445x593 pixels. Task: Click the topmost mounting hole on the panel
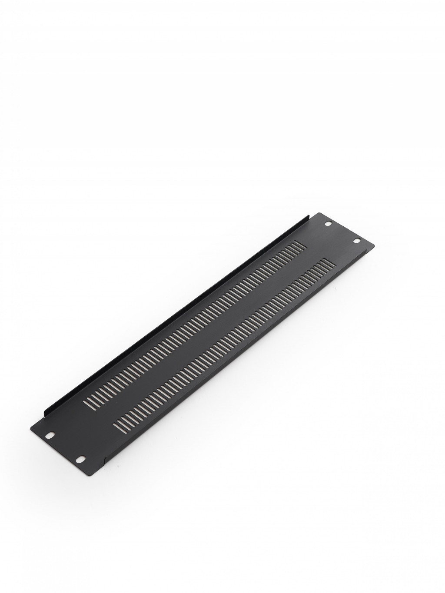tap(328, 224)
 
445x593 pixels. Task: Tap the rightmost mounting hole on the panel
tap(356, 240)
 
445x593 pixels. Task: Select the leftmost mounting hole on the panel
tap(51, 434)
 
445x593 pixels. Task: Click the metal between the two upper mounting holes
tap(342, 232)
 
